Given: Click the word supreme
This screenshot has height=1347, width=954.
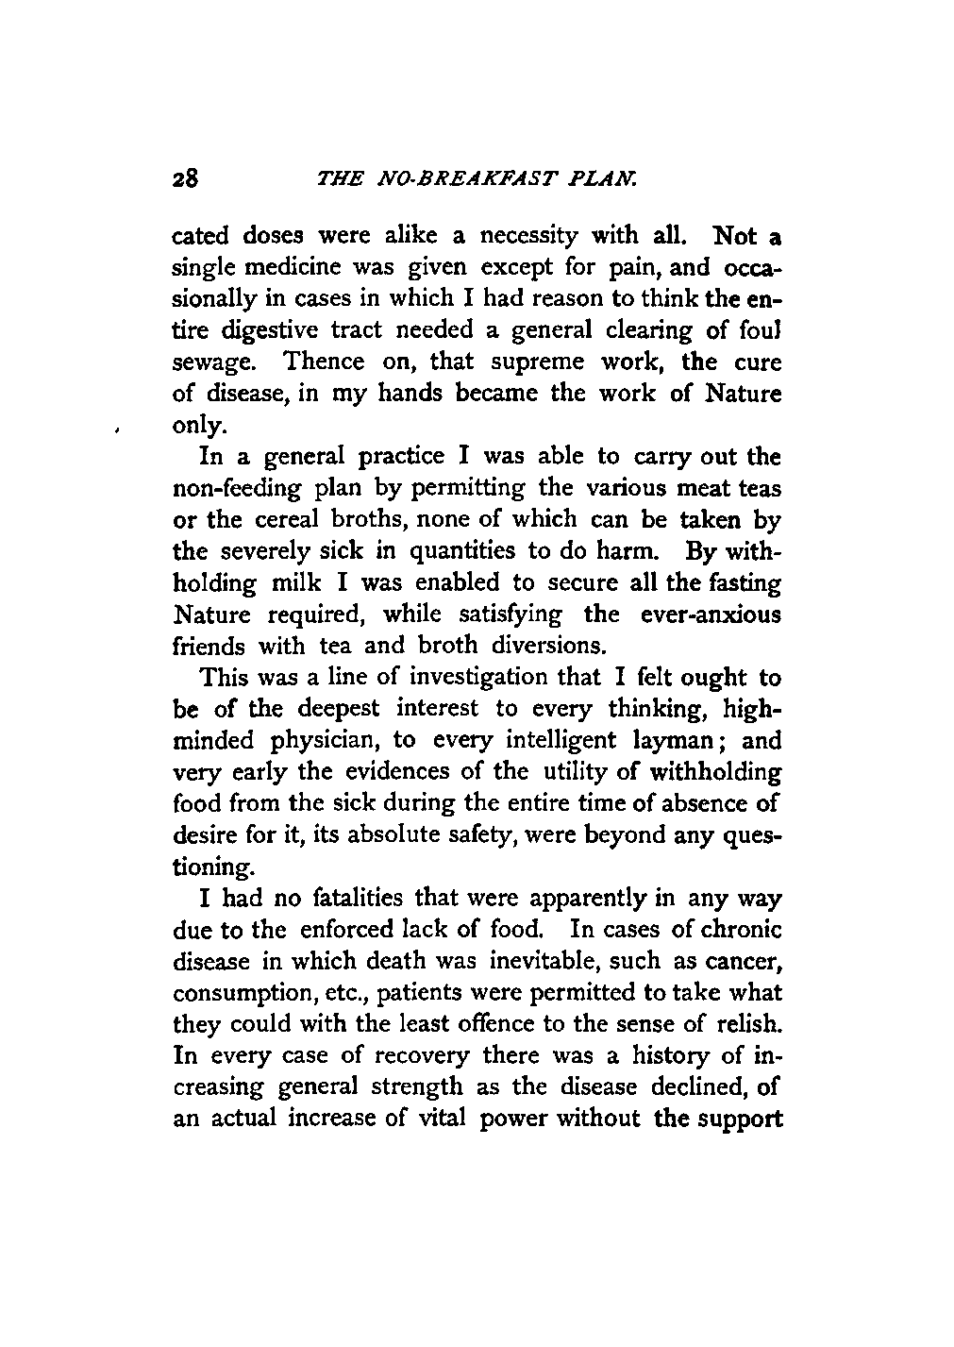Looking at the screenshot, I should pos(532,362).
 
